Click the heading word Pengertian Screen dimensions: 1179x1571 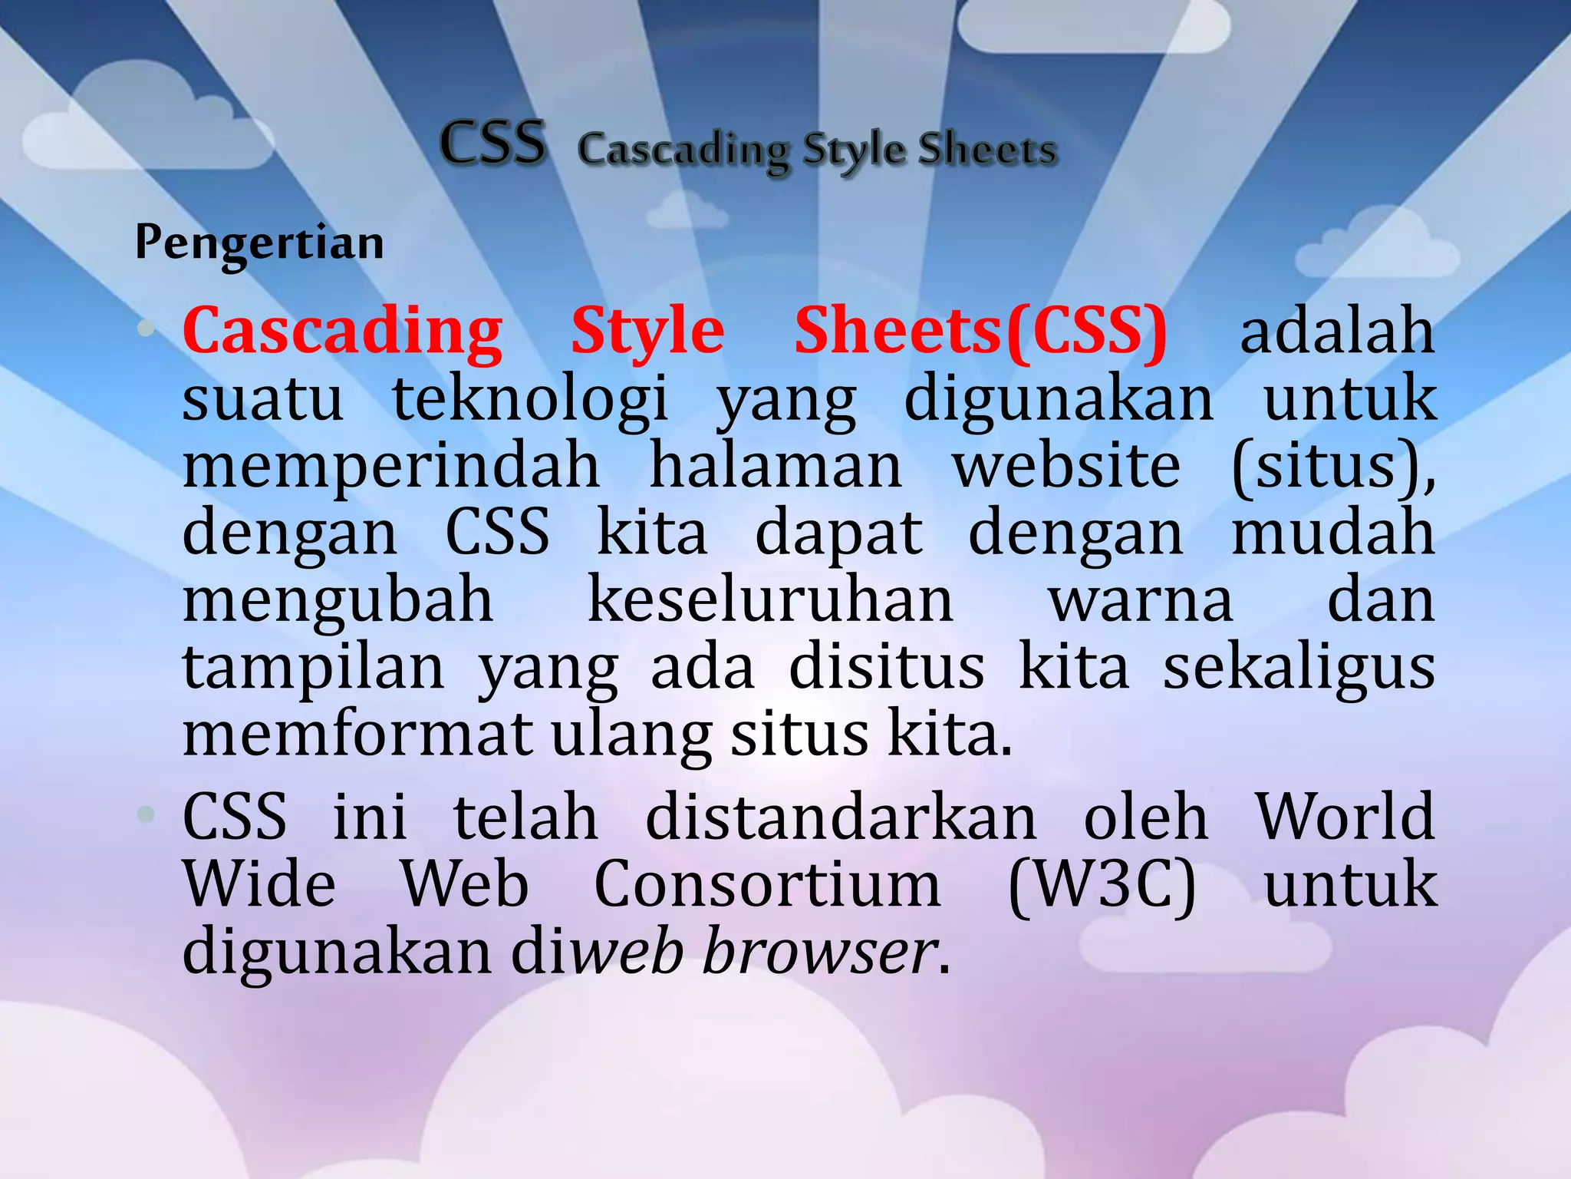pyautogui.click(x=259, y=244)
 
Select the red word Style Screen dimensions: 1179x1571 pyautogui.click(x=647, y=332)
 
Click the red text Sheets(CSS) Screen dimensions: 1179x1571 pyautogui.click(x=980, y=332)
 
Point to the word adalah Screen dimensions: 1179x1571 pyautogui.click(x=1337, y=332)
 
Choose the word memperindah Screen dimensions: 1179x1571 pyautogui.click(x=391, y=466)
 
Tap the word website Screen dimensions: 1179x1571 pyautogui.click(x=1066, y=466)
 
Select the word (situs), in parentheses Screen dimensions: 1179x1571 pyautogui.click(x=1333, y=466)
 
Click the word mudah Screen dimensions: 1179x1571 pyautogui.click(x=1333, y=533)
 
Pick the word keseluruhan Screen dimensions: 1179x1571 pyautogui.click(x=770, y=600)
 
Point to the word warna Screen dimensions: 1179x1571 pyautogui.click(x=1141, y=600)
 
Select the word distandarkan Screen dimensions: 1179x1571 pyautogui.click(x=841, y=817)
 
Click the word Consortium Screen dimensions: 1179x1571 pyautogui.click(x=767, y=885)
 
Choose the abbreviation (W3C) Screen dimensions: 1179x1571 pyautogui.click(x=1102, y=885)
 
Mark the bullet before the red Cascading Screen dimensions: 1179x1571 pyautogui.click(x=145, y=330)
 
